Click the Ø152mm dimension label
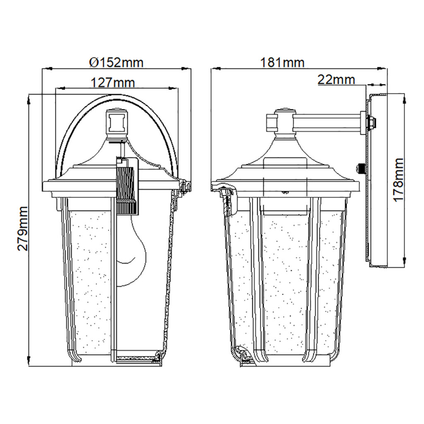pos(116,63)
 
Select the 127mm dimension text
pos(113,82)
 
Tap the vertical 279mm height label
pos(22,229)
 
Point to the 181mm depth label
pos(282,63)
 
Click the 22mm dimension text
pos(336,79)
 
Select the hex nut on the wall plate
pos(372,123)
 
